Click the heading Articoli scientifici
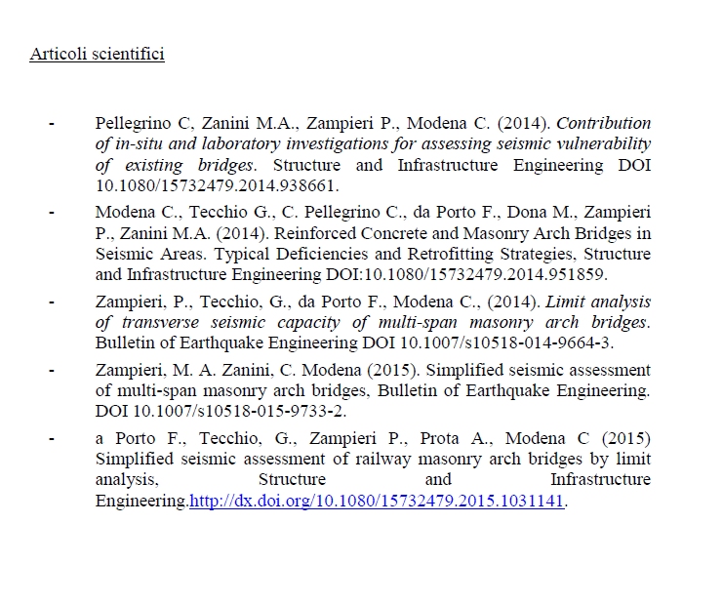coord(97,54)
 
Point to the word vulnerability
coord(604,144)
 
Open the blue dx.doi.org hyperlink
coord(377,502)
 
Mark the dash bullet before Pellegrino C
coord(51,124)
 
